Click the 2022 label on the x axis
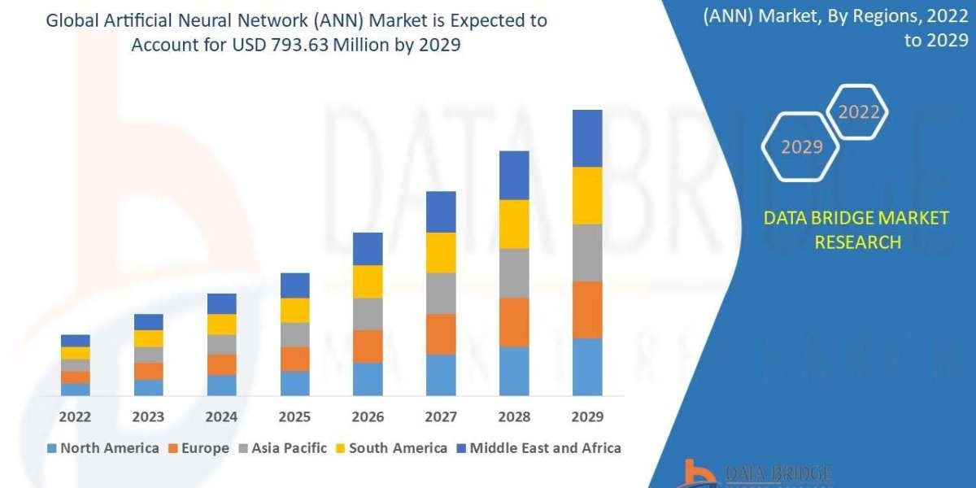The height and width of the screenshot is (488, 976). [x=75, y=417]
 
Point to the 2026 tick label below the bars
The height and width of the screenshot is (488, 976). [x=368, y=417]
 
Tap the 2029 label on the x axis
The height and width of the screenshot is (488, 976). [x=587, y=417]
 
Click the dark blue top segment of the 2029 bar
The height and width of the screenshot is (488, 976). [x=587, y=138]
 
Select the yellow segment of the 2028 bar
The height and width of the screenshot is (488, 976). [x=514, y=224]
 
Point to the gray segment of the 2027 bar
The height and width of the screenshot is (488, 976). [x=441, y=294]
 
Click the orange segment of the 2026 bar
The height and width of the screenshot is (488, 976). [x=368, y=346]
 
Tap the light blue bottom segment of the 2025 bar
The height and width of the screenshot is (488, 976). [x=294, y=383]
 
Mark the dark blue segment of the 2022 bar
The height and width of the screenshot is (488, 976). [x=75, y=341]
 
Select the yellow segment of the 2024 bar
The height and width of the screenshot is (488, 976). [x=221, y=325]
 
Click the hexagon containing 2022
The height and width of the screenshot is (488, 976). [x=857, y=113]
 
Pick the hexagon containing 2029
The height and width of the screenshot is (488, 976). [x=801, y=147]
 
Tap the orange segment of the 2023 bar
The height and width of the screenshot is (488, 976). [x=148, y=372]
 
